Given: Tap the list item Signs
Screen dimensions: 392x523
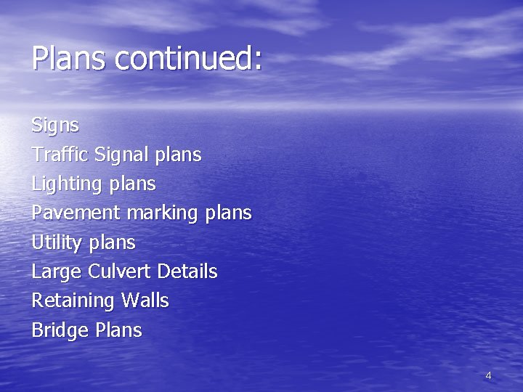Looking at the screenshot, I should [x=55, y=126].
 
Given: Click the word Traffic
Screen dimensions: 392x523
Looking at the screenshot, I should [x=60, y=155].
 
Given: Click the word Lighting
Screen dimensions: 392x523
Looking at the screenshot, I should [x=67, y=184].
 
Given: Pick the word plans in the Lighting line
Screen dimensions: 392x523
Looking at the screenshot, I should [x=131, y=184].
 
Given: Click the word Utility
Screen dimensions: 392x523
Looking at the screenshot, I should [x=57, y=242].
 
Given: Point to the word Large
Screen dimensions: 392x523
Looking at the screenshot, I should [x=57, y=272].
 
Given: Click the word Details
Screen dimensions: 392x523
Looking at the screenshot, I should [x=187, y=271].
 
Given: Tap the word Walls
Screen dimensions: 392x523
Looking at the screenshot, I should [x=145, y=301].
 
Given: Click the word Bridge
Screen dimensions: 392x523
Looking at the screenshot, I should [x=60, y=331].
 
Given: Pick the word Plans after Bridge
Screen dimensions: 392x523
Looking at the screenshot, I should [x=118, y=330].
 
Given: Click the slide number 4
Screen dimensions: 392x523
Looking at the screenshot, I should [x=488, y=376].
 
